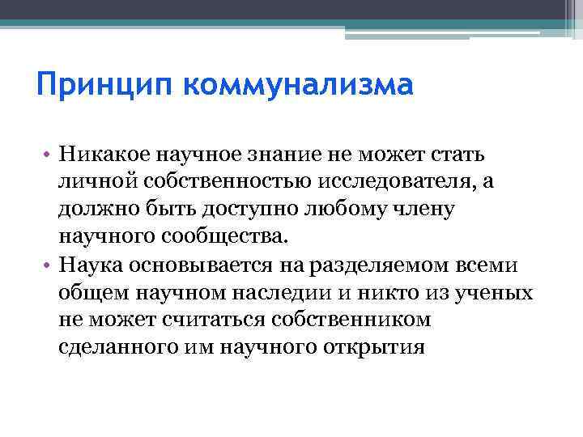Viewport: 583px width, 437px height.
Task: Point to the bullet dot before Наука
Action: (49, 265)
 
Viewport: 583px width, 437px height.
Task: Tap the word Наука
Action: (87, 265)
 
